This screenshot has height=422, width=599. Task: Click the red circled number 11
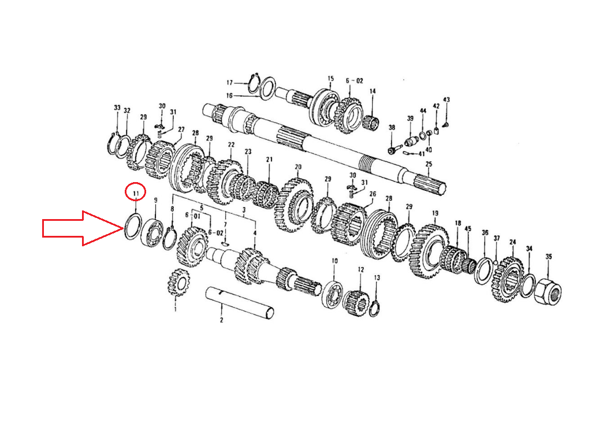(x=136, y=194)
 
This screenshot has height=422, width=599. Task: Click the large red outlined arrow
(x=83, y=228)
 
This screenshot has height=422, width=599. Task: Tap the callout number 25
(x=429, y=164)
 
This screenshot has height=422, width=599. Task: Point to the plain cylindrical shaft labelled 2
(x=240, y=303)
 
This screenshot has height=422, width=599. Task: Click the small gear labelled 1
(x=177, y=283)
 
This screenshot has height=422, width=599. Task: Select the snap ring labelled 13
(x=374, y=308)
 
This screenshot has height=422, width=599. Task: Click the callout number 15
(x=330, y=79)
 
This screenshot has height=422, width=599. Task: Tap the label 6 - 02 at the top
(x=354, y=81)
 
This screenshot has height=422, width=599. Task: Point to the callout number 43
(x=446, y=100)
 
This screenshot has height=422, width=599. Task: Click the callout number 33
(x=117, y=108)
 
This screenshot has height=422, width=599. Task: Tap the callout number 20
(x=298, y=167)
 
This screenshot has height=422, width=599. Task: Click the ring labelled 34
(x=528, y=285)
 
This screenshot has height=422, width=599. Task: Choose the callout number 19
(x=435, y=213)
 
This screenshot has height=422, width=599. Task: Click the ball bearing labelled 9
(x=153, y=232)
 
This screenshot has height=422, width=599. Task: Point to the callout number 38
(x=392, y=128)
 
